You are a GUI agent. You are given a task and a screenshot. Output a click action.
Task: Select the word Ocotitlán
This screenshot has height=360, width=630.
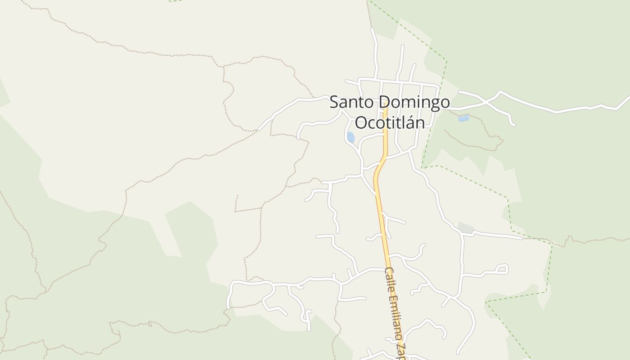click(390, 122)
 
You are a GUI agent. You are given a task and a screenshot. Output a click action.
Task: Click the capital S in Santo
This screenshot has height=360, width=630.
click(334, 102)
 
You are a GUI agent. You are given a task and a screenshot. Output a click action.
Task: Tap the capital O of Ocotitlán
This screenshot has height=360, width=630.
click(361, 122)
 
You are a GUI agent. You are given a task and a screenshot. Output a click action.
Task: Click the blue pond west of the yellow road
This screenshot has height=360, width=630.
click(351, 137)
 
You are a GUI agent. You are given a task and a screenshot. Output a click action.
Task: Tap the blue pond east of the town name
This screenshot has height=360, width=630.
click(463, 118)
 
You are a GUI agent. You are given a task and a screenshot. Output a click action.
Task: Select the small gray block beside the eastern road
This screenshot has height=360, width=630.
click(466, 228)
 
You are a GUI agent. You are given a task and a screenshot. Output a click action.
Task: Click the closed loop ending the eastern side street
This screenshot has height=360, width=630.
click(502, 269)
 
